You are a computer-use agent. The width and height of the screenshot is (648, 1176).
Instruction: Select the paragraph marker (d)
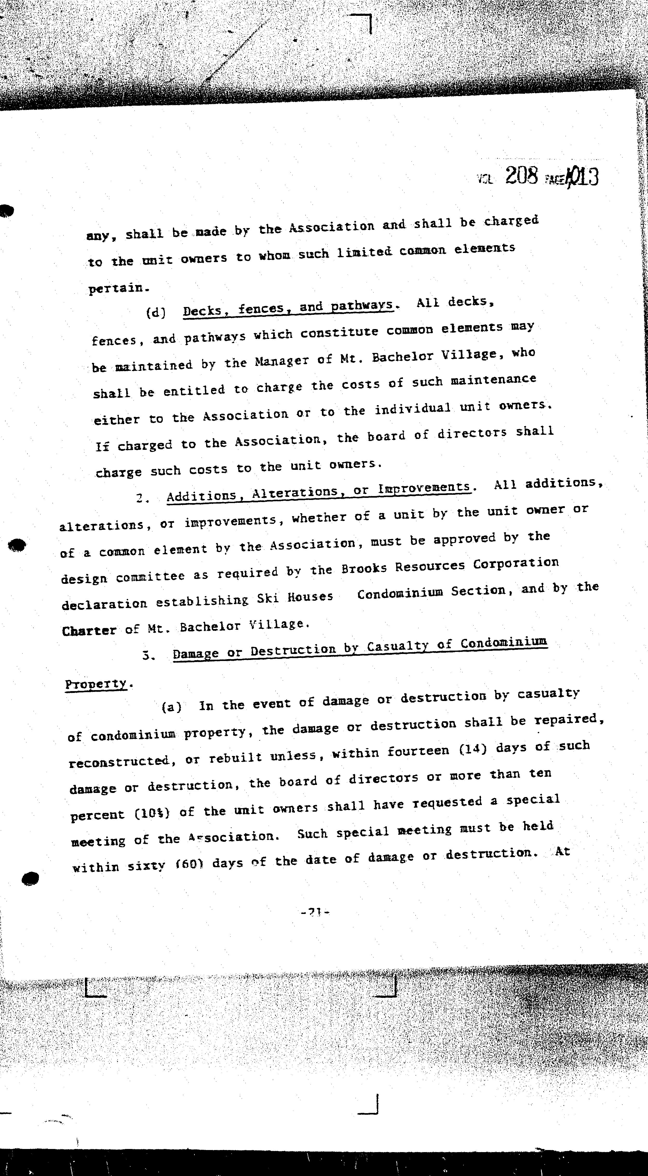point(155,313)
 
